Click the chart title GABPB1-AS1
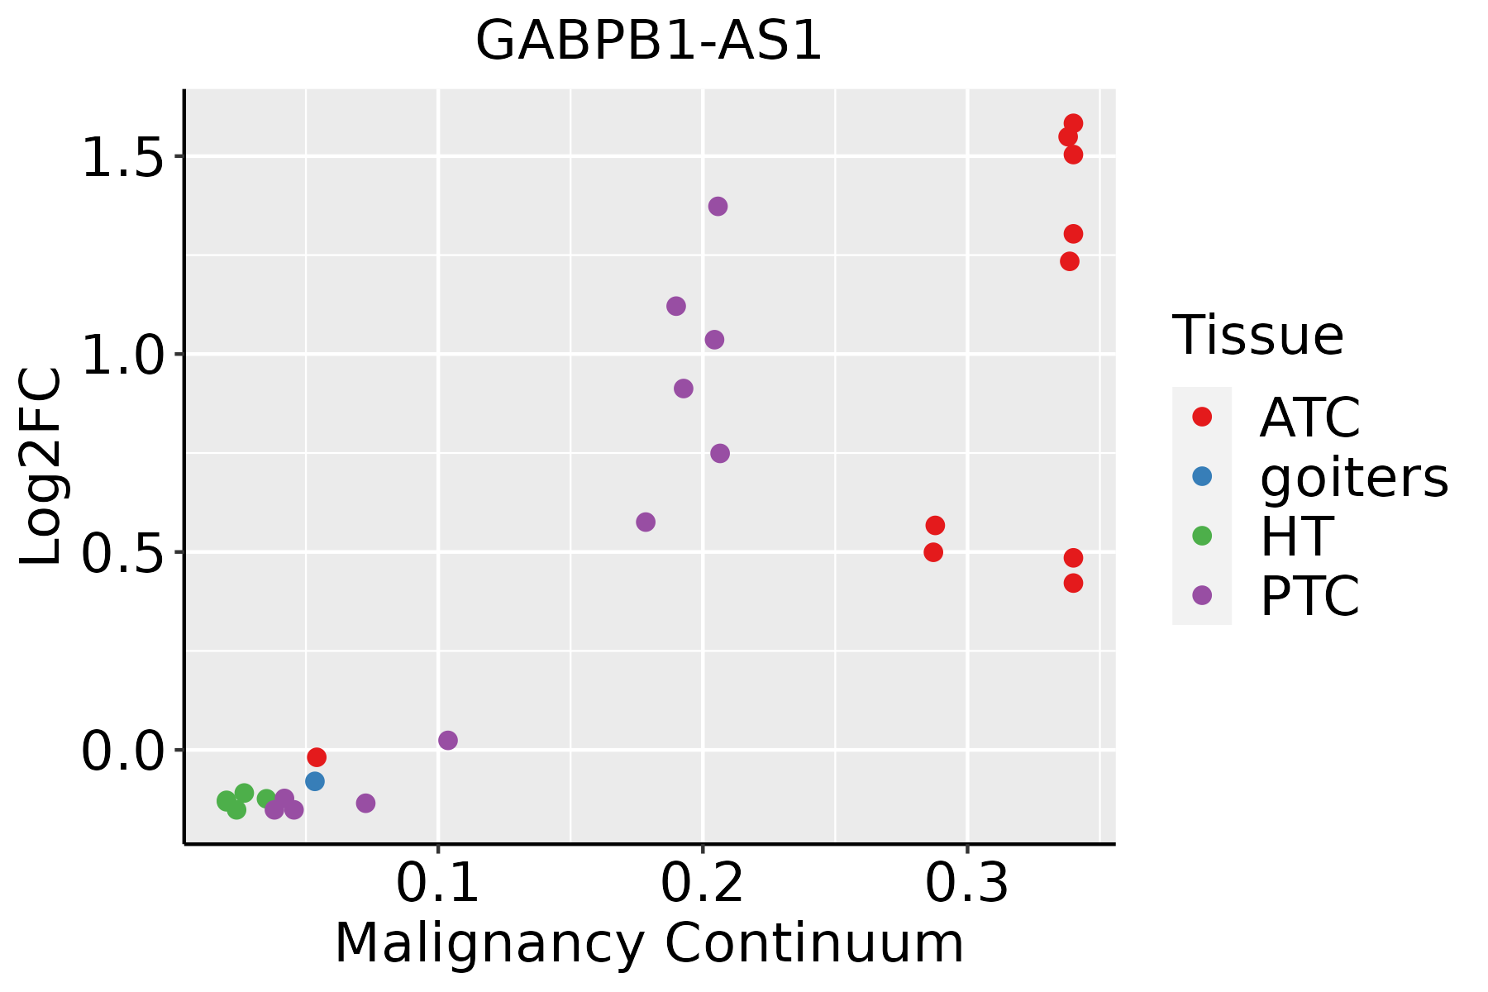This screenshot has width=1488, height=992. coord(649,41)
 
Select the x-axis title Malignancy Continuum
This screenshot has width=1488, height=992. coord(649,943)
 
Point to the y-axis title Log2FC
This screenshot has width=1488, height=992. coord(41,467)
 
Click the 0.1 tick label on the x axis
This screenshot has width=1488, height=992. coord(438,884)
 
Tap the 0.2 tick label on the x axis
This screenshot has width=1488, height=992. coord(702,884)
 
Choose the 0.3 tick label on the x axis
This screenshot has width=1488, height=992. coord(966,884)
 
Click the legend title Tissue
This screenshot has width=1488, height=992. coord(1258,336)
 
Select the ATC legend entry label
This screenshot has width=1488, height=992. coord(1309,417)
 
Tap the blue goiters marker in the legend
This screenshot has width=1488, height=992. coord(1202,476)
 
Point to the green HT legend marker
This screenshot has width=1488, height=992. coord(1202,536)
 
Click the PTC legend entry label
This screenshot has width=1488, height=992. coord(1309,595)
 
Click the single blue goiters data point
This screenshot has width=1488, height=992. coord(315,781)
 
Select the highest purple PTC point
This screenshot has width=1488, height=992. coord(718,207)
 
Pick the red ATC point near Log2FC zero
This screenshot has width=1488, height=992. coord(317,757)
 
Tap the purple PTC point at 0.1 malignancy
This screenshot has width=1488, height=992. coord(448,741)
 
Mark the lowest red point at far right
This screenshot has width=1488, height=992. coord(1073,584)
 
